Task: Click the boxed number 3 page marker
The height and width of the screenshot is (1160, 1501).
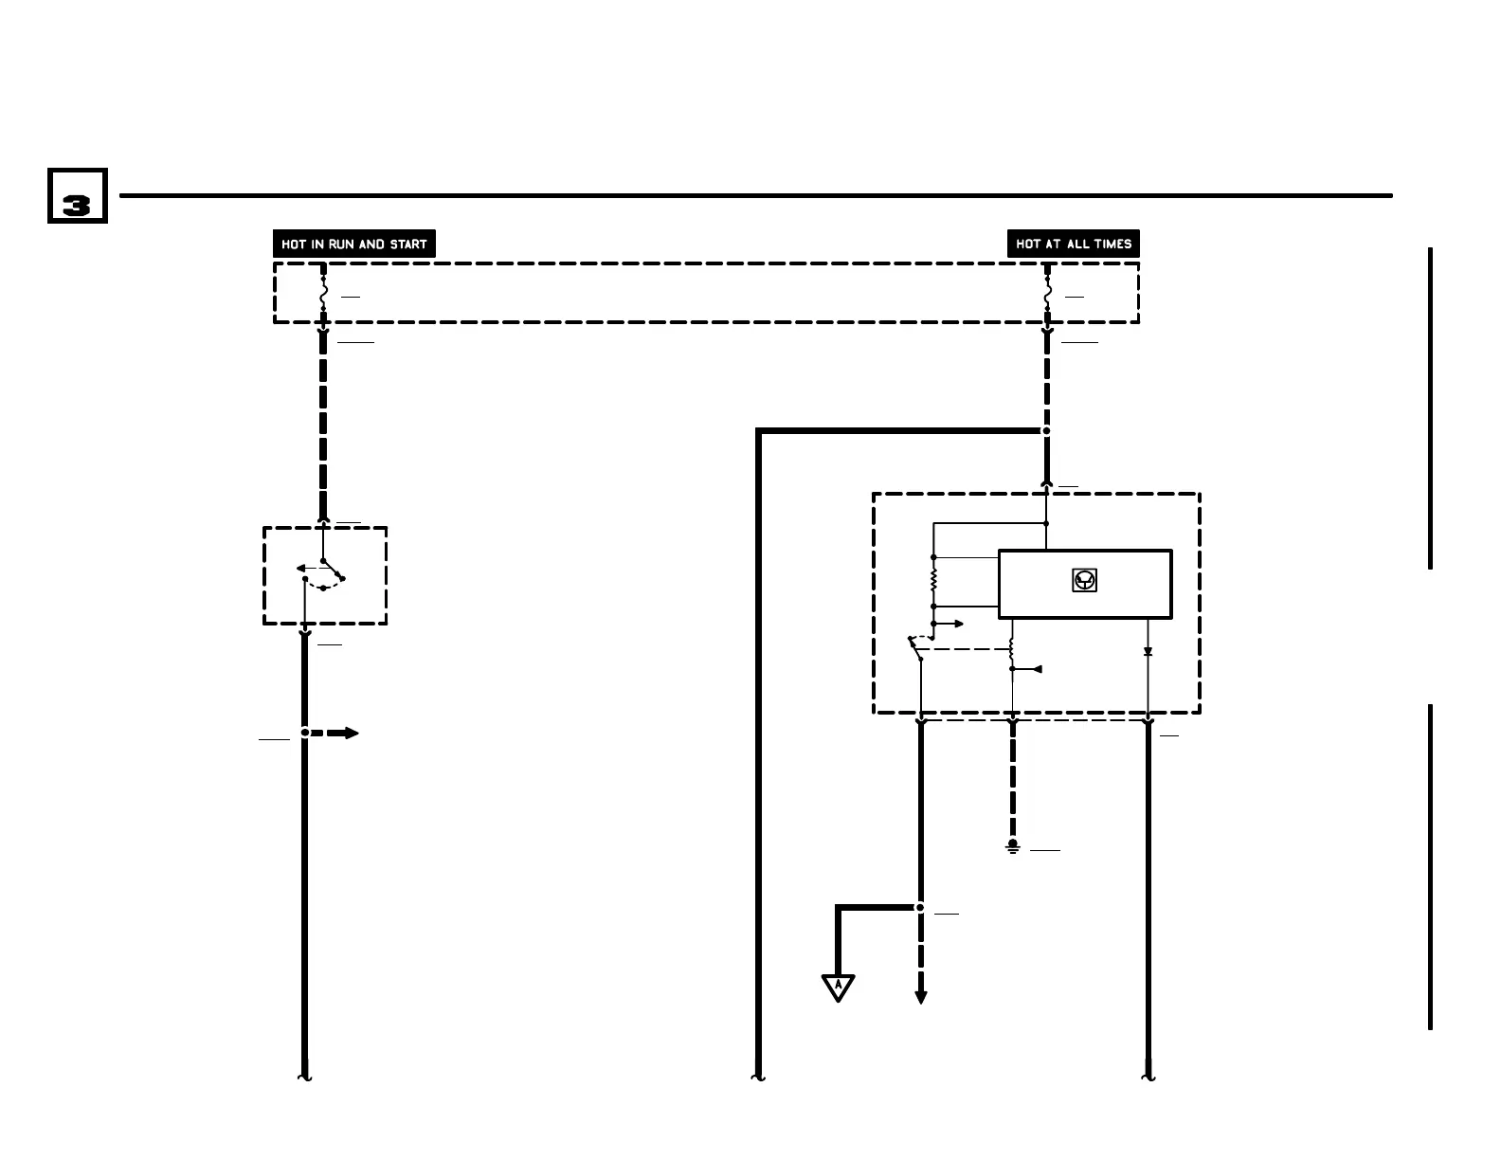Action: tap(78, 196)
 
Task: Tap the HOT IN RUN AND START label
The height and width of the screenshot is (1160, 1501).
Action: tap(353, 244)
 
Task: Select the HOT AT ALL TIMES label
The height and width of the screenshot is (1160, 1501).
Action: tap(1074, 244)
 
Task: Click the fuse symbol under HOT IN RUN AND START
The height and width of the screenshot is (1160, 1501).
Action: tap(323, 295)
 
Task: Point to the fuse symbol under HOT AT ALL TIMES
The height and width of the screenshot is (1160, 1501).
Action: tap(1047, 295)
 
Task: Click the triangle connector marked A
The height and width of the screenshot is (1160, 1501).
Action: tap(839, 987)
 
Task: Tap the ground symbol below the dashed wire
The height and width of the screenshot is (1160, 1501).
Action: tap(1013, 845)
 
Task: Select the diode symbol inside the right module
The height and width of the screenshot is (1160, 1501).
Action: tap(1148, 652)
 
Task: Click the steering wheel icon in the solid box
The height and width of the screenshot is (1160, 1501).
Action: tap(1085, 581)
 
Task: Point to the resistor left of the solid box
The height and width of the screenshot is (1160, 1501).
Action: tap(933, 581)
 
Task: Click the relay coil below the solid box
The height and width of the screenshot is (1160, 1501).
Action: tap(1012, 650)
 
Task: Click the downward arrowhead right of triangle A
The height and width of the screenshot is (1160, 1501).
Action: tap(919, 997)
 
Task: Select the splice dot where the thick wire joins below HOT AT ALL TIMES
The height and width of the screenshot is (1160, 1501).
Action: tap(1047, 431)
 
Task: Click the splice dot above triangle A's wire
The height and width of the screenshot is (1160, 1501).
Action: tap(919, 907)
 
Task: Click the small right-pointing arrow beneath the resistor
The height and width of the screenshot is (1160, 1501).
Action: tap(953, 624)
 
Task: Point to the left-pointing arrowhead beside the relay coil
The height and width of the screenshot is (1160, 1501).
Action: tap(1036, 669)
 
